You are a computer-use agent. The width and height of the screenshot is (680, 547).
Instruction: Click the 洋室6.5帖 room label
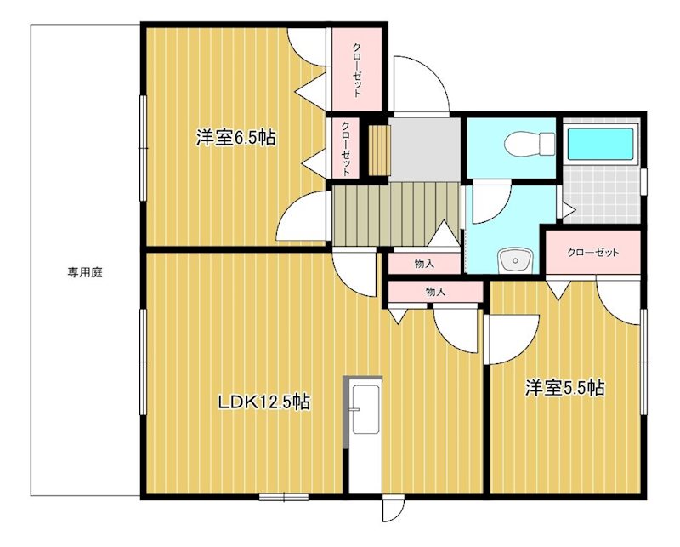pos(235,138)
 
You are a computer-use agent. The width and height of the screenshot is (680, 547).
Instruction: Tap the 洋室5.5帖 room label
pos(564,389)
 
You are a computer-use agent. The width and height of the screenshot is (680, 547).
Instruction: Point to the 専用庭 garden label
pos(85,272)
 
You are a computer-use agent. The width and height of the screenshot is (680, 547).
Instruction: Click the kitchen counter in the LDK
pos(361,434)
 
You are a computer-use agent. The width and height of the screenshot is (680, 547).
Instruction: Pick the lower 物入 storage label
pos(434,292)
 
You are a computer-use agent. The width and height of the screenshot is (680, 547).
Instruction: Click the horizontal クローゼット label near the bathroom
pos(592,253)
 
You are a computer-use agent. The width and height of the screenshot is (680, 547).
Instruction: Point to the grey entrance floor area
pos(425,149)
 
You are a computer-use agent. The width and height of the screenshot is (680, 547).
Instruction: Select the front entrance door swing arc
pos(422,85)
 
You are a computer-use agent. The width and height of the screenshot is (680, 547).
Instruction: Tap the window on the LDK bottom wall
pos(283,496)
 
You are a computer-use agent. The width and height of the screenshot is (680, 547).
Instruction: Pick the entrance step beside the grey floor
pos(379,150)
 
